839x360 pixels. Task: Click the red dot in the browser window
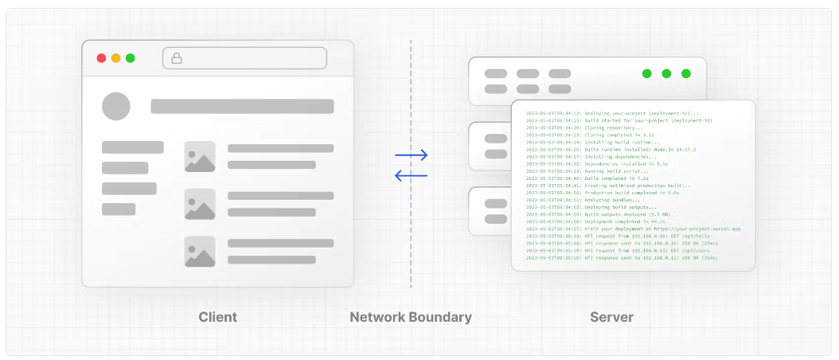coord(101,58)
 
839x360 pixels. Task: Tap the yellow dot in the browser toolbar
coord(115,58)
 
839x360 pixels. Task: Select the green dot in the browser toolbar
coord(130,58)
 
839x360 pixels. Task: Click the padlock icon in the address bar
coord(177,58)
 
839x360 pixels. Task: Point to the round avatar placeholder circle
coord(116,106)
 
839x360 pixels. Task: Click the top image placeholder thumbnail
coord(200,156)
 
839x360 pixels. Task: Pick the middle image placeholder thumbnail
coord(200,204)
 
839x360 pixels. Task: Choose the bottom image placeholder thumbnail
coord(200,252)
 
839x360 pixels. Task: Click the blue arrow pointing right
coord(411,155)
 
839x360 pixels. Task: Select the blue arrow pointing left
coord(411,175)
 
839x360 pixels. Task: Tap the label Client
coord(217,317)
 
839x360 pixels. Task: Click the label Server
coord(611,317)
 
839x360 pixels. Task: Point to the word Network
coord(377,317)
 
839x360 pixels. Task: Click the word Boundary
coord(440,317)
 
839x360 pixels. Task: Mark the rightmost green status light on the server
coord(686,73)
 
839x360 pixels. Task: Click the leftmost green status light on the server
coord(646,73)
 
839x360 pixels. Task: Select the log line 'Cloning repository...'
coord(613,127)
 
